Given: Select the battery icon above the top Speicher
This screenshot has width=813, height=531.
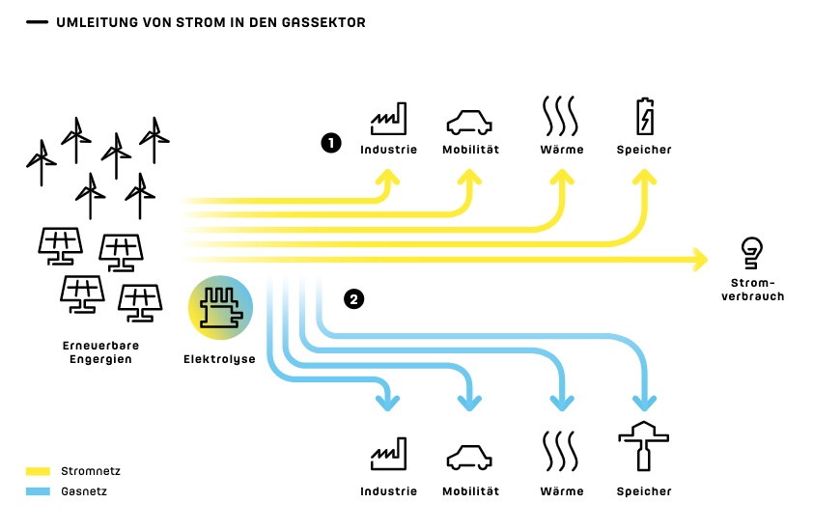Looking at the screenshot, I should pyautogui.click(x=644, y=117).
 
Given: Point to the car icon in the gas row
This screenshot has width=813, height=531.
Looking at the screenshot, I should pyautogui.click(x=469, y=455).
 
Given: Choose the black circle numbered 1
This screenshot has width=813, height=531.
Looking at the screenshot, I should pyautogui.click(x=331, y=143).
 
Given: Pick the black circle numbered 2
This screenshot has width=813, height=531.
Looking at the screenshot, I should pyautogui.click(x=354, y=299).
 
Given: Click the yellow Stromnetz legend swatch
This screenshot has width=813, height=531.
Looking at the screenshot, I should pyautogui.click(x=38, y=471).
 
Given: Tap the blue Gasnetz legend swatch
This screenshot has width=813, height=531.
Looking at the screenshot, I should pyautogui.click(x=38, y=491).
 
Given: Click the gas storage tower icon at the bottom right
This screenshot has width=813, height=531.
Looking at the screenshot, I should pyautogui.click(x=644, y=446).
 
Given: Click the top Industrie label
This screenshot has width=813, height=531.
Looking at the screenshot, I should pyautogui.click(x=388, y=150).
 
